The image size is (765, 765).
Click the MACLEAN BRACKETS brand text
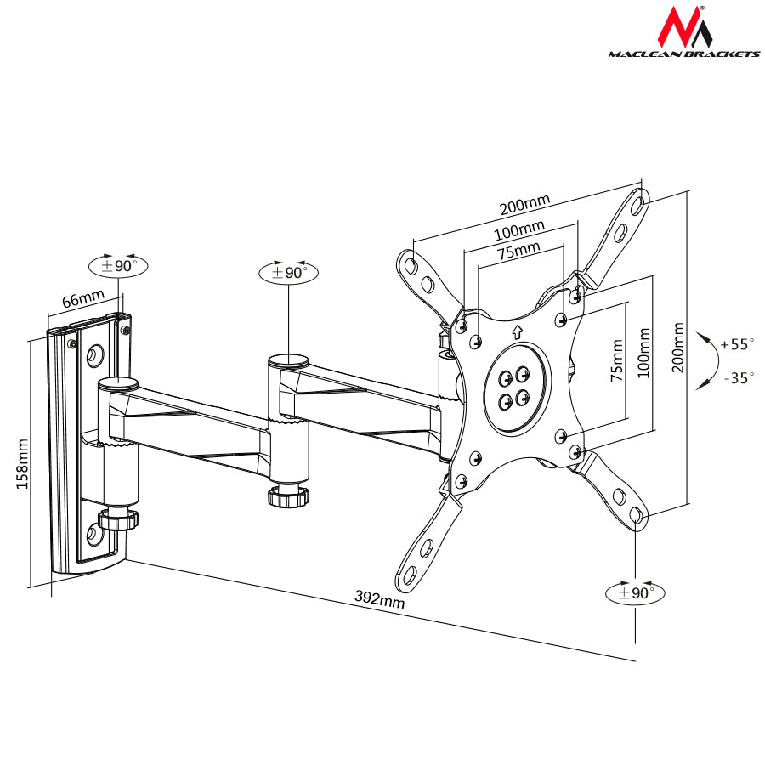click(683, 54)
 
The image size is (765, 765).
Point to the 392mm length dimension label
click(379, 599)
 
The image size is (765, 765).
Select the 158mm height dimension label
click(21, 464)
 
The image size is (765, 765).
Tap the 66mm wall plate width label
click(82, 299)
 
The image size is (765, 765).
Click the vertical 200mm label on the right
click(677, 348)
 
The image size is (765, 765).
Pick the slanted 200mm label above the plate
click(524, 204)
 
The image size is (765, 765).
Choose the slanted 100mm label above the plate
click(520, 229)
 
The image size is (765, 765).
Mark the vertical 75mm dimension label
click(617, 361)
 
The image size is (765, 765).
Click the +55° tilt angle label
click(736, 344)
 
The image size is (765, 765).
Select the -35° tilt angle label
click(736, 377)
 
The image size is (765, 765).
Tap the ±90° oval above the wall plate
click(118, 265)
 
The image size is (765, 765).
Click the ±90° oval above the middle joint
click(288, 272)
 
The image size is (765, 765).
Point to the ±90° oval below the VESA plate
click(635, 592)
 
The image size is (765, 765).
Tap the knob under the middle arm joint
click(287, 496)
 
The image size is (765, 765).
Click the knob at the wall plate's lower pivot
click(118, 518)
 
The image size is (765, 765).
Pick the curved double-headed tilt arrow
click(705, 361)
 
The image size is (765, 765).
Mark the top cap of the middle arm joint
click(289, 361)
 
